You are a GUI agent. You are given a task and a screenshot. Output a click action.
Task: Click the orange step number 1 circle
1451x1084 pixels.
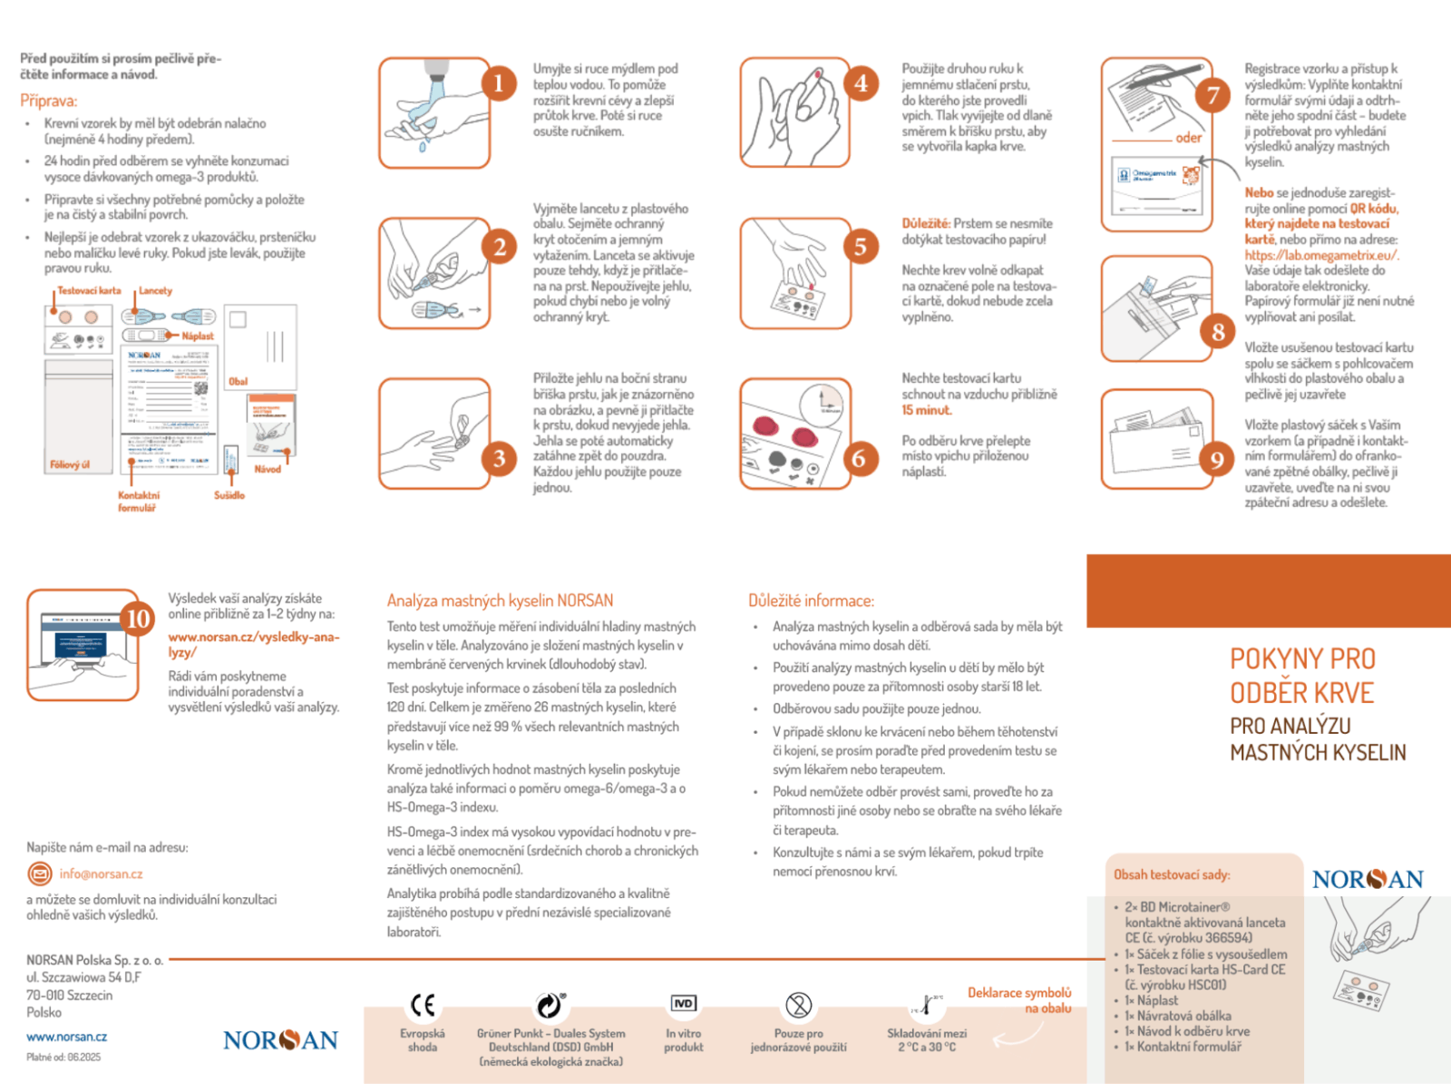(498, 84)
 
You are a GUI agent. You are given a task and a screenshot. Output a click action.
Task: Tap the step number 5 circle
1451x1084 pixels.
(860, 246)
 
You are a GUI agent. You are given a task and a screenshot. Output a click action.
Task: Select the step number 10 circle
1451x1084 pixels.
(137, 619)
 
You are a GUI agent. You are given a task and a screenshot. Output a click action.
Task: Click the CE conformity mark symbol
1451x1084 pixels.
(423, 1005)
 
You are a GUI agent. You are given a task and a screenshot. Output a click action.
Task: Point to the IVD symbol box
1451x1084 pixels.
(684, 1003)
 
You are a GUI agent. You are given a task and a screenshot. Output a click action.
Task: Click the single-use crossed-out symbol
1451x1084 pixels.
(798, 1005)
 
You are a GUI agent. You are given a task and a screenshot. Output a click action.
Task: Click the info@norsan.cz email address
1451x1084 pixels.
(101, 874)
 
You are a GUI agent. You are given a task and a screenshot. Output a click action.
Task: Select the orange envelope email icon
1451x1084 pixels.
(39, 874)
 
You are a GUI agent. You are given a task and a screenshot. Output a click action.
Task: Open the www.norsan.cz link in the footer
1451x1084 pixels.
(66, 1037)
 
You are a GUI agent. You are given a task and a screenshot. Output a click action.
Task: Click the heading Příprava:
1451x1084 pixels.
(49, 101)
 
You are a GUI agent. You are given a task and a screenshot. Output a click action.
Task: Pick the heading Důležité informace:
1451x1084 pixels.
(811, 601)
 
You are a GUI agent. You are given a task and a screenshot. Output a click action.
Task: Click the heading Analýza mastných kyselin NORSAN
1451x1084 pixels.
(500, 601)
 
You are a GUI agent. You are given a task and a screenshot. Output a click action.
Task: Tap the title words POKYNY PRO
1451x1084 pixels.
(1302, 659)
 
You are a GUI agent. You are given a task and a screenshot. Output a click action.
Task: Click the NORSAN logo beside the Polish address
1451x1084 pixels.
(280, 1040)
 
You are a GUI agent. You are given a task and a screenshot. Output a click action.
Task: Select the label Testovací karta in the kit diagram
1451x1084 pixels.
(90, 291)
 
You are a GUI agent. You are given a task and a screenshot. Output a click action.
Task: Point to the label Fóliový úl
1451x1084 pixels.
(70, 465)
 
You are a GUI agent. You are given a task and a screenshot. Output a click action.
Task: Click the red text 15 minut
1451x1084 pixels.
(926, 410)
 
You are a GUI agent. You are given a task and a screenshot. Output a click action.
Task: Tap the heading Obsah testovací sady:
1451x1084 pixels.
(1172, 875)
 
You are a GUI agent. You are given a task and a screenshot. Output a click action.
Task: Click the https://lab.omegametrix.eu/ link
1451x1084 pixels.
(1321, 255)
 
